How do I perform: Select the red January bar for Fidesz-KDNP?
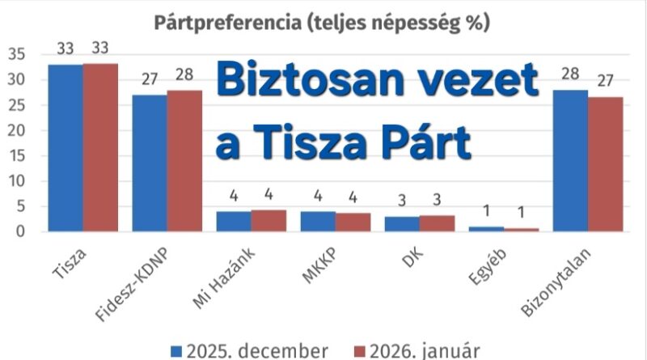click(184, 161)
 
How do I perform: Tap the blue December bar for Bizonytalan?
click(571, 161)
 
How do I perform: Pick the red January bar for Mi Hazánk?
click(269, 221)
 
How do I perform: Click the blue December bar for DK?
click(401, 224)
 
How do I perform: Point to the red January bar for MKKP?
click(353, 222)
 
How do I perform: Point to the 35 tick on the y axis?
click(17, 54)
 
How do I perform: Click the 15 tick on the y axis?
click(17, 156)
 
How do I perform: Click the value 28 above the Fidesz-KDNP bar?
click(185, 77)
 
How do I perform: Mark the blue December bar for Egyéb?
click(487, 229)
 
